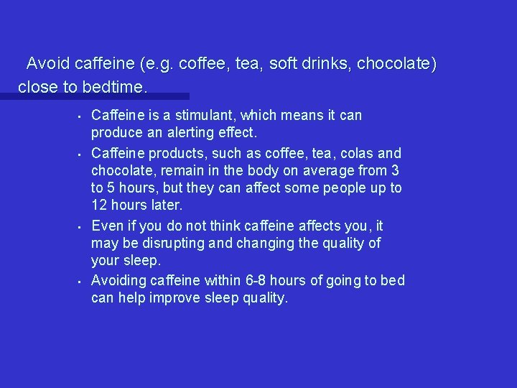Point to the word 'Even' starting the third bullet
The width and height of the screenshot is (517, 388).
coord(106,226)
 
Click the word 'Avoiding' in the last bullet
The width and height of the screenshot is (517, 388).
coord(118,280)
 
